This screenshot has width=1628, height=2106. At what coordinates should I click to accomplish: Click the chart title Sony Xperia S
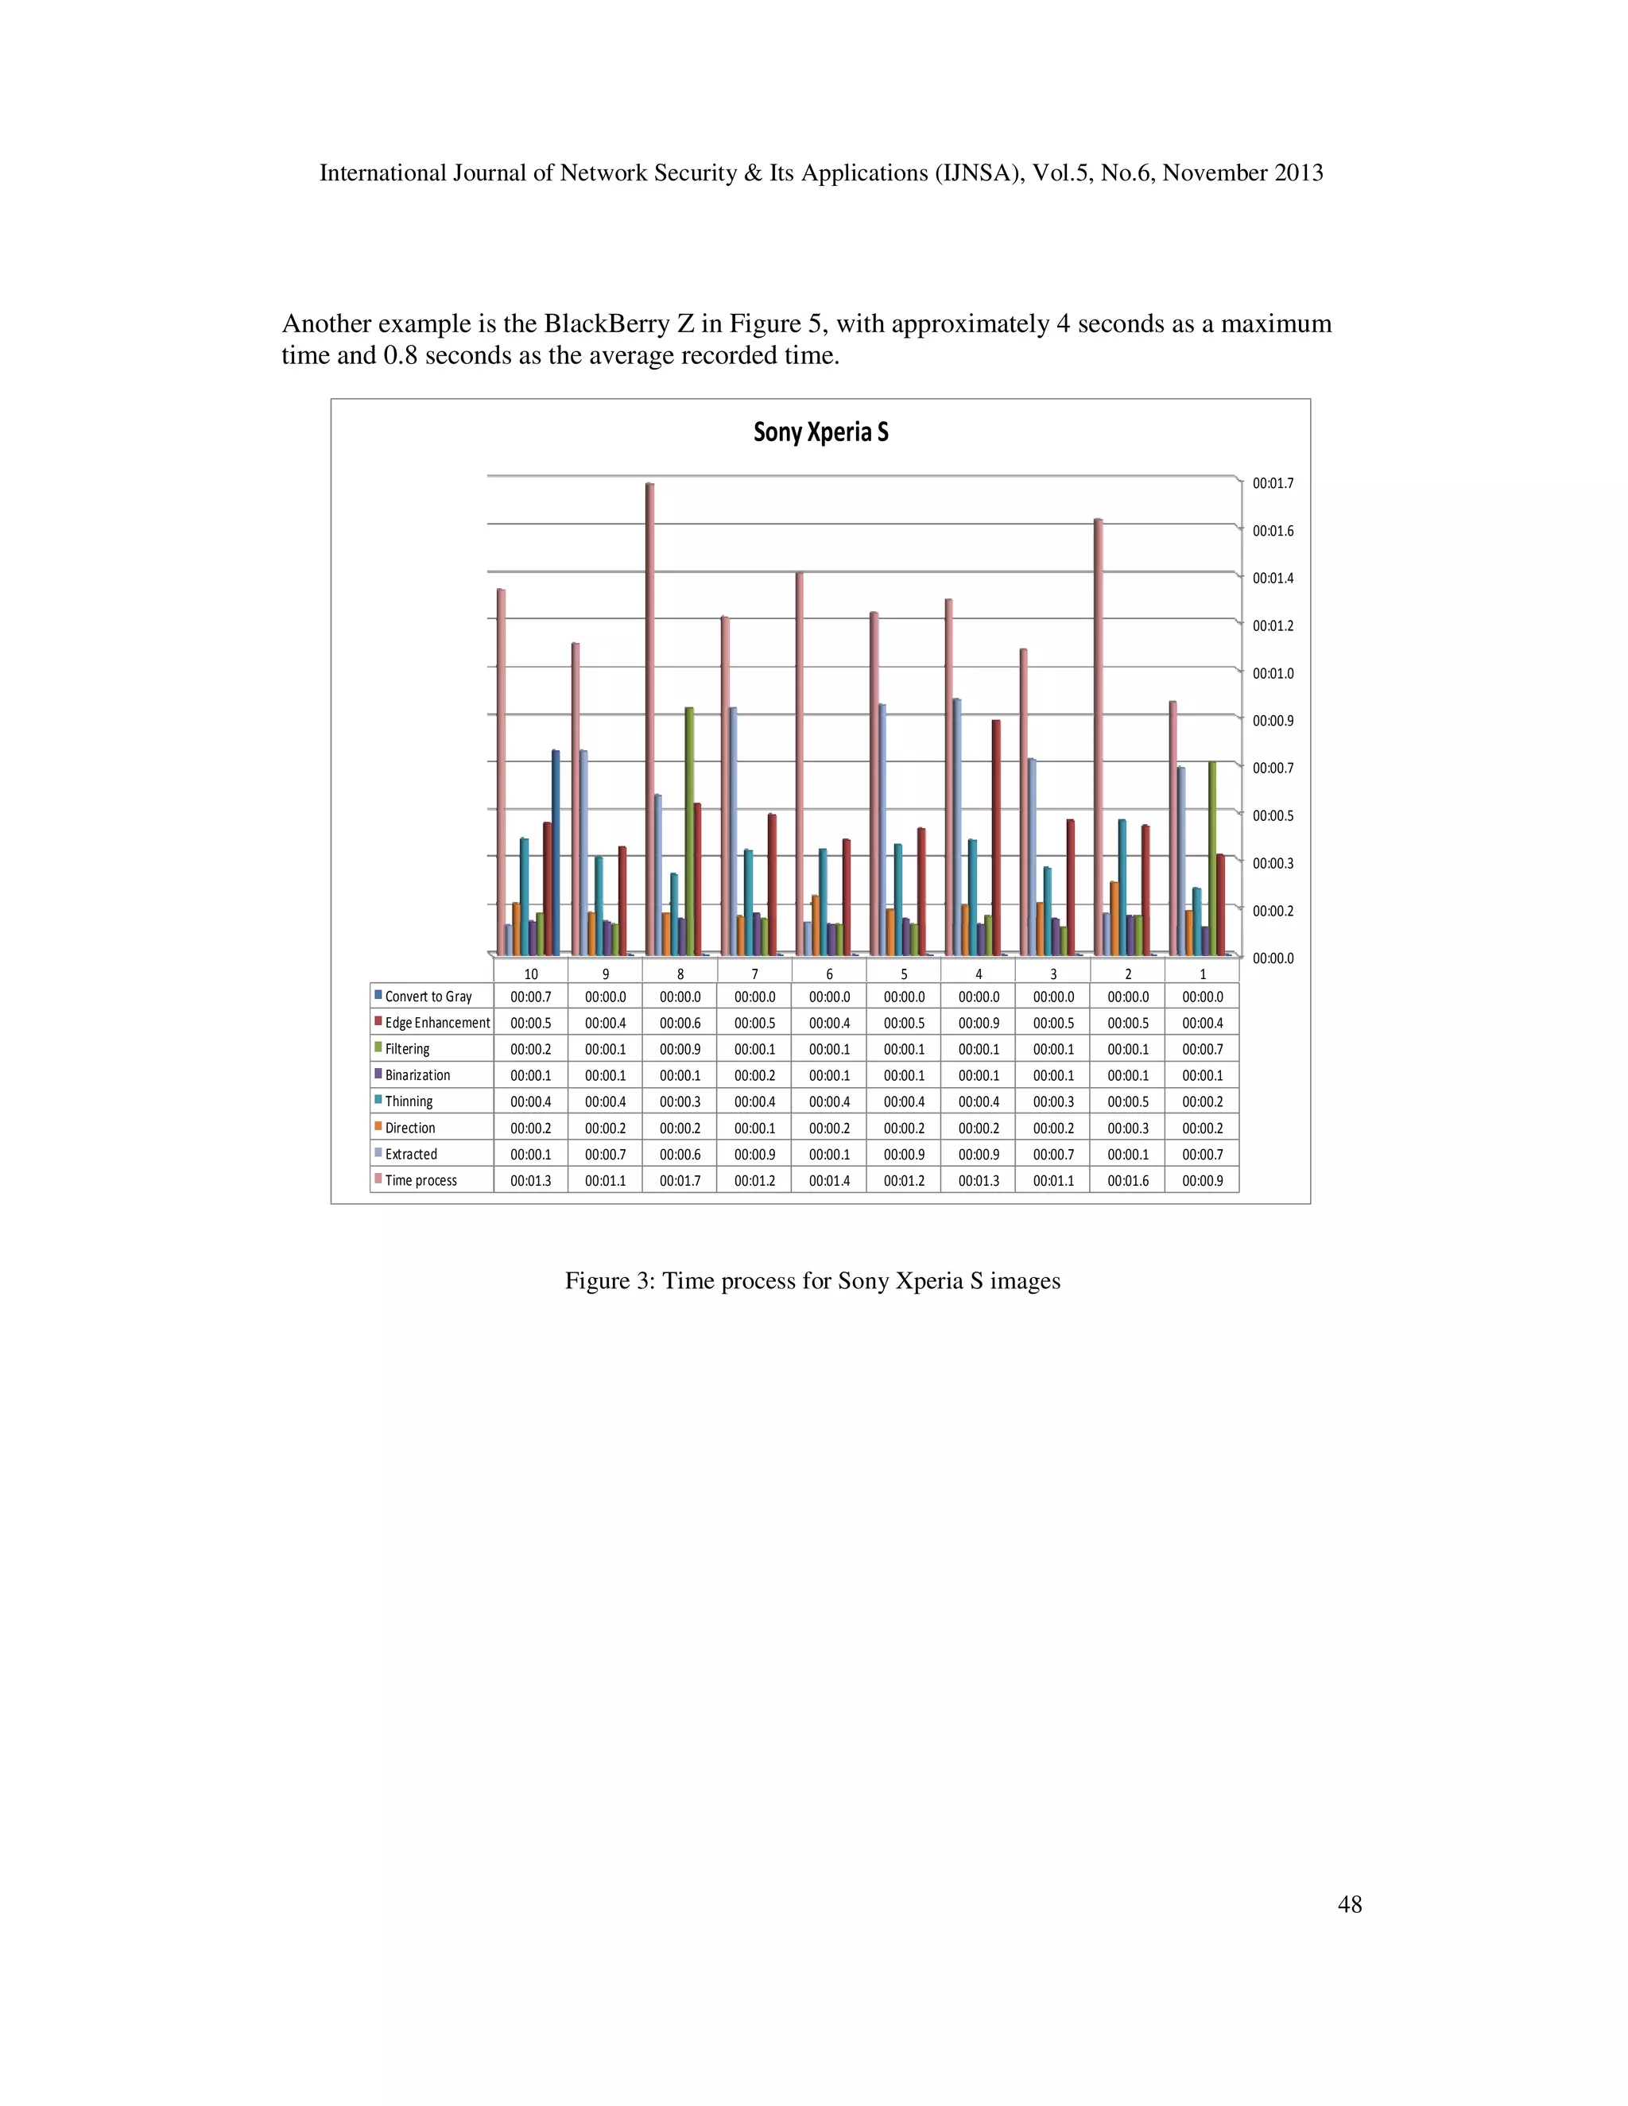(x=820, y=432)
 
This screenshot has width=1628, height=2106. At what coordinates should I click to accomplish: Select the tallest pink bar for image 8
(x=650, y=718)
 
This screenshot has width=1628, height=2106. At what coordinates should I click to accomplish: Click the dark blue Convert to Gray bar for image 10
(x=556, y=853)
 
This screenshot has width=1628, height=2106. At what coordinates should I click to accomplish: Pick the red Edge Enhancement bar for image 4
(x=996, y=837)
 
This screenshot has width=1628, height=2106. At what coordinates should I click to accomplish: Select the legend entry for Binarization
(x=417, y=1075)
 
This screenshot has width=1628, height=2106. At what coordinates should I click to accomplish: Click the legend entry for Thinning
(x=408, y=1101)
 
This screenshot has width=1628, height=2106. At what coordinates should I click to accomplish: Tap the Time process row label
(x=421, y=1180)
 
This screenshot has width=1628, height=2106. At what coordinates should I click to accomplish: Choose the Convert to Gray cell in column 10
(x=530, y=997)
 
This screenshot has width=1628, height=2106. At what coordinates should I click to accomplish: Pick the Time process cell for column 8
(x=680, y=1180)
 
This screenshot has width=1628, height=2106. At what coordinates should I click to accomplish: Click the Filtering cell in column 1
(x=1202, y=1049)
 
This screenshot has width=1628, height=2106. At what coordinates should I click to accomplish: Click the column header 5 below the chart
(x=904, y=974)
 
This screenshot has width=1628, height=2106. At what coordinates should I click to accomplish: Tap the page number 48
(x=1349, y=1903)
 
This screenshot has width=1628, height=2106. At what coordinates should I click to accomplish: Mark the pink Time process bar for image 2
(x=1098, y=737)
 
